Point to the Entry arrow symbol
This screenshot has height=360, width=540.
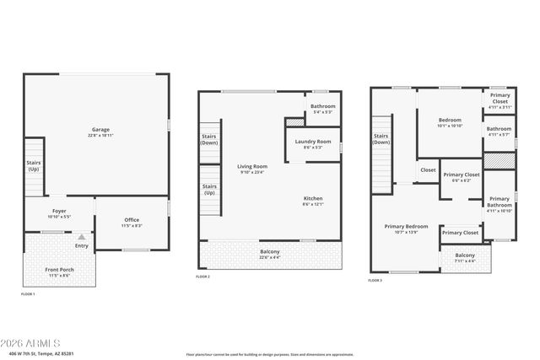(81, 239)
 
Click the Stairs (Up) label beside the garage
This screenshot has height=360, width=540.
(34, 166)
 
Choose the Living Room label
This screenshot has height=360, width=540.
(252, 169)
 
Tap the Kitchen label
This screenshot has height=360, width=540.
(313, 201)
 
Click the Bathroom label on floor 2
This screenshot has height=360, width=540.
(323, 108)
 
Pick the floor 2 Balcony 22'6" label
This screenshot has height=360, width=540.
(270, 254)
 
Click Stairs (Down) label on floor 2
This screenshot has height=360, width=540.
(209, 139)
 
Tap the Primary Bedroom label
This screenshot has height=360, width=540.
(407, 228)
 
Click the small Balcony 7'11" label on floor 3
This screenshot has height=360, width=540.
(465, 257)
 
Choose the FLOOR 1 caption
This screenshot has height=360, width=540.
(28, 293)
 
